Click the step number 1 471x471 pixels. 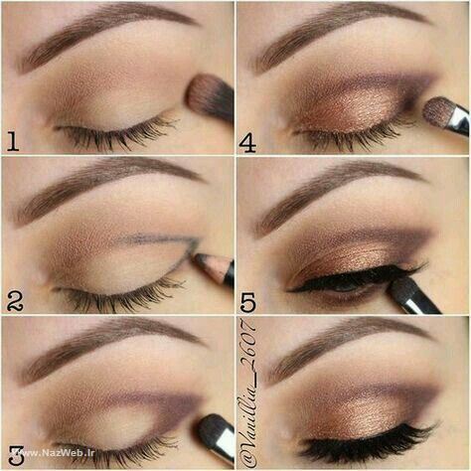click(12, 141)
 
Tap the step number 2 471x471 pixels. click(15, 300)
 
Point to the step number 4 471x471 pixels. click(247, 143)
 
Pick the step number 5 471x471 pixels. click(248, 302)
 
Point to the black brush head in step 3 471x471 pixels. click(212, 429)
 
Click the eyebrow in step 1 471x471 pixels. click(99, 32)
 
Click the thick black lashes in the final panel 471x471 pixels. click(368, 444)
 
